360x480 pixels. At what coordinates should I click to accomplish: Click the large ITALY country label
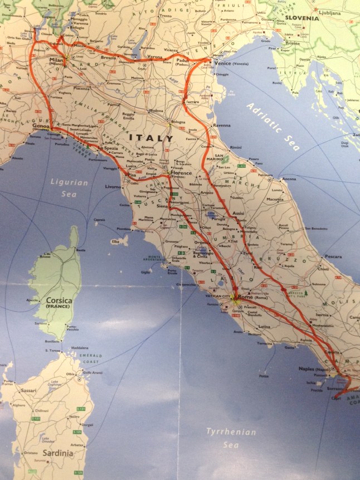coord(151,138)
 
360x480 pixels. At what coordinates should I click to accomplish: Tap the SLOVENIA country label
coord(301,18)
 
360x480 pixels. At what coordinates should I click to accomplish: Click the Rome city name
coord(246,297)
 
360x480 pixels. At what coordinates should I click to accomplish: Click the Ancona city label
coord(289,179)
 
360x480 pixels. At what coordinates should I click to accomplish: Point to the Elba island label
coord(115,242)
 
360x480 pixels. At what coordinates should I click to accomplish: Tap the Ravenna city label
coord(221,125)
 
